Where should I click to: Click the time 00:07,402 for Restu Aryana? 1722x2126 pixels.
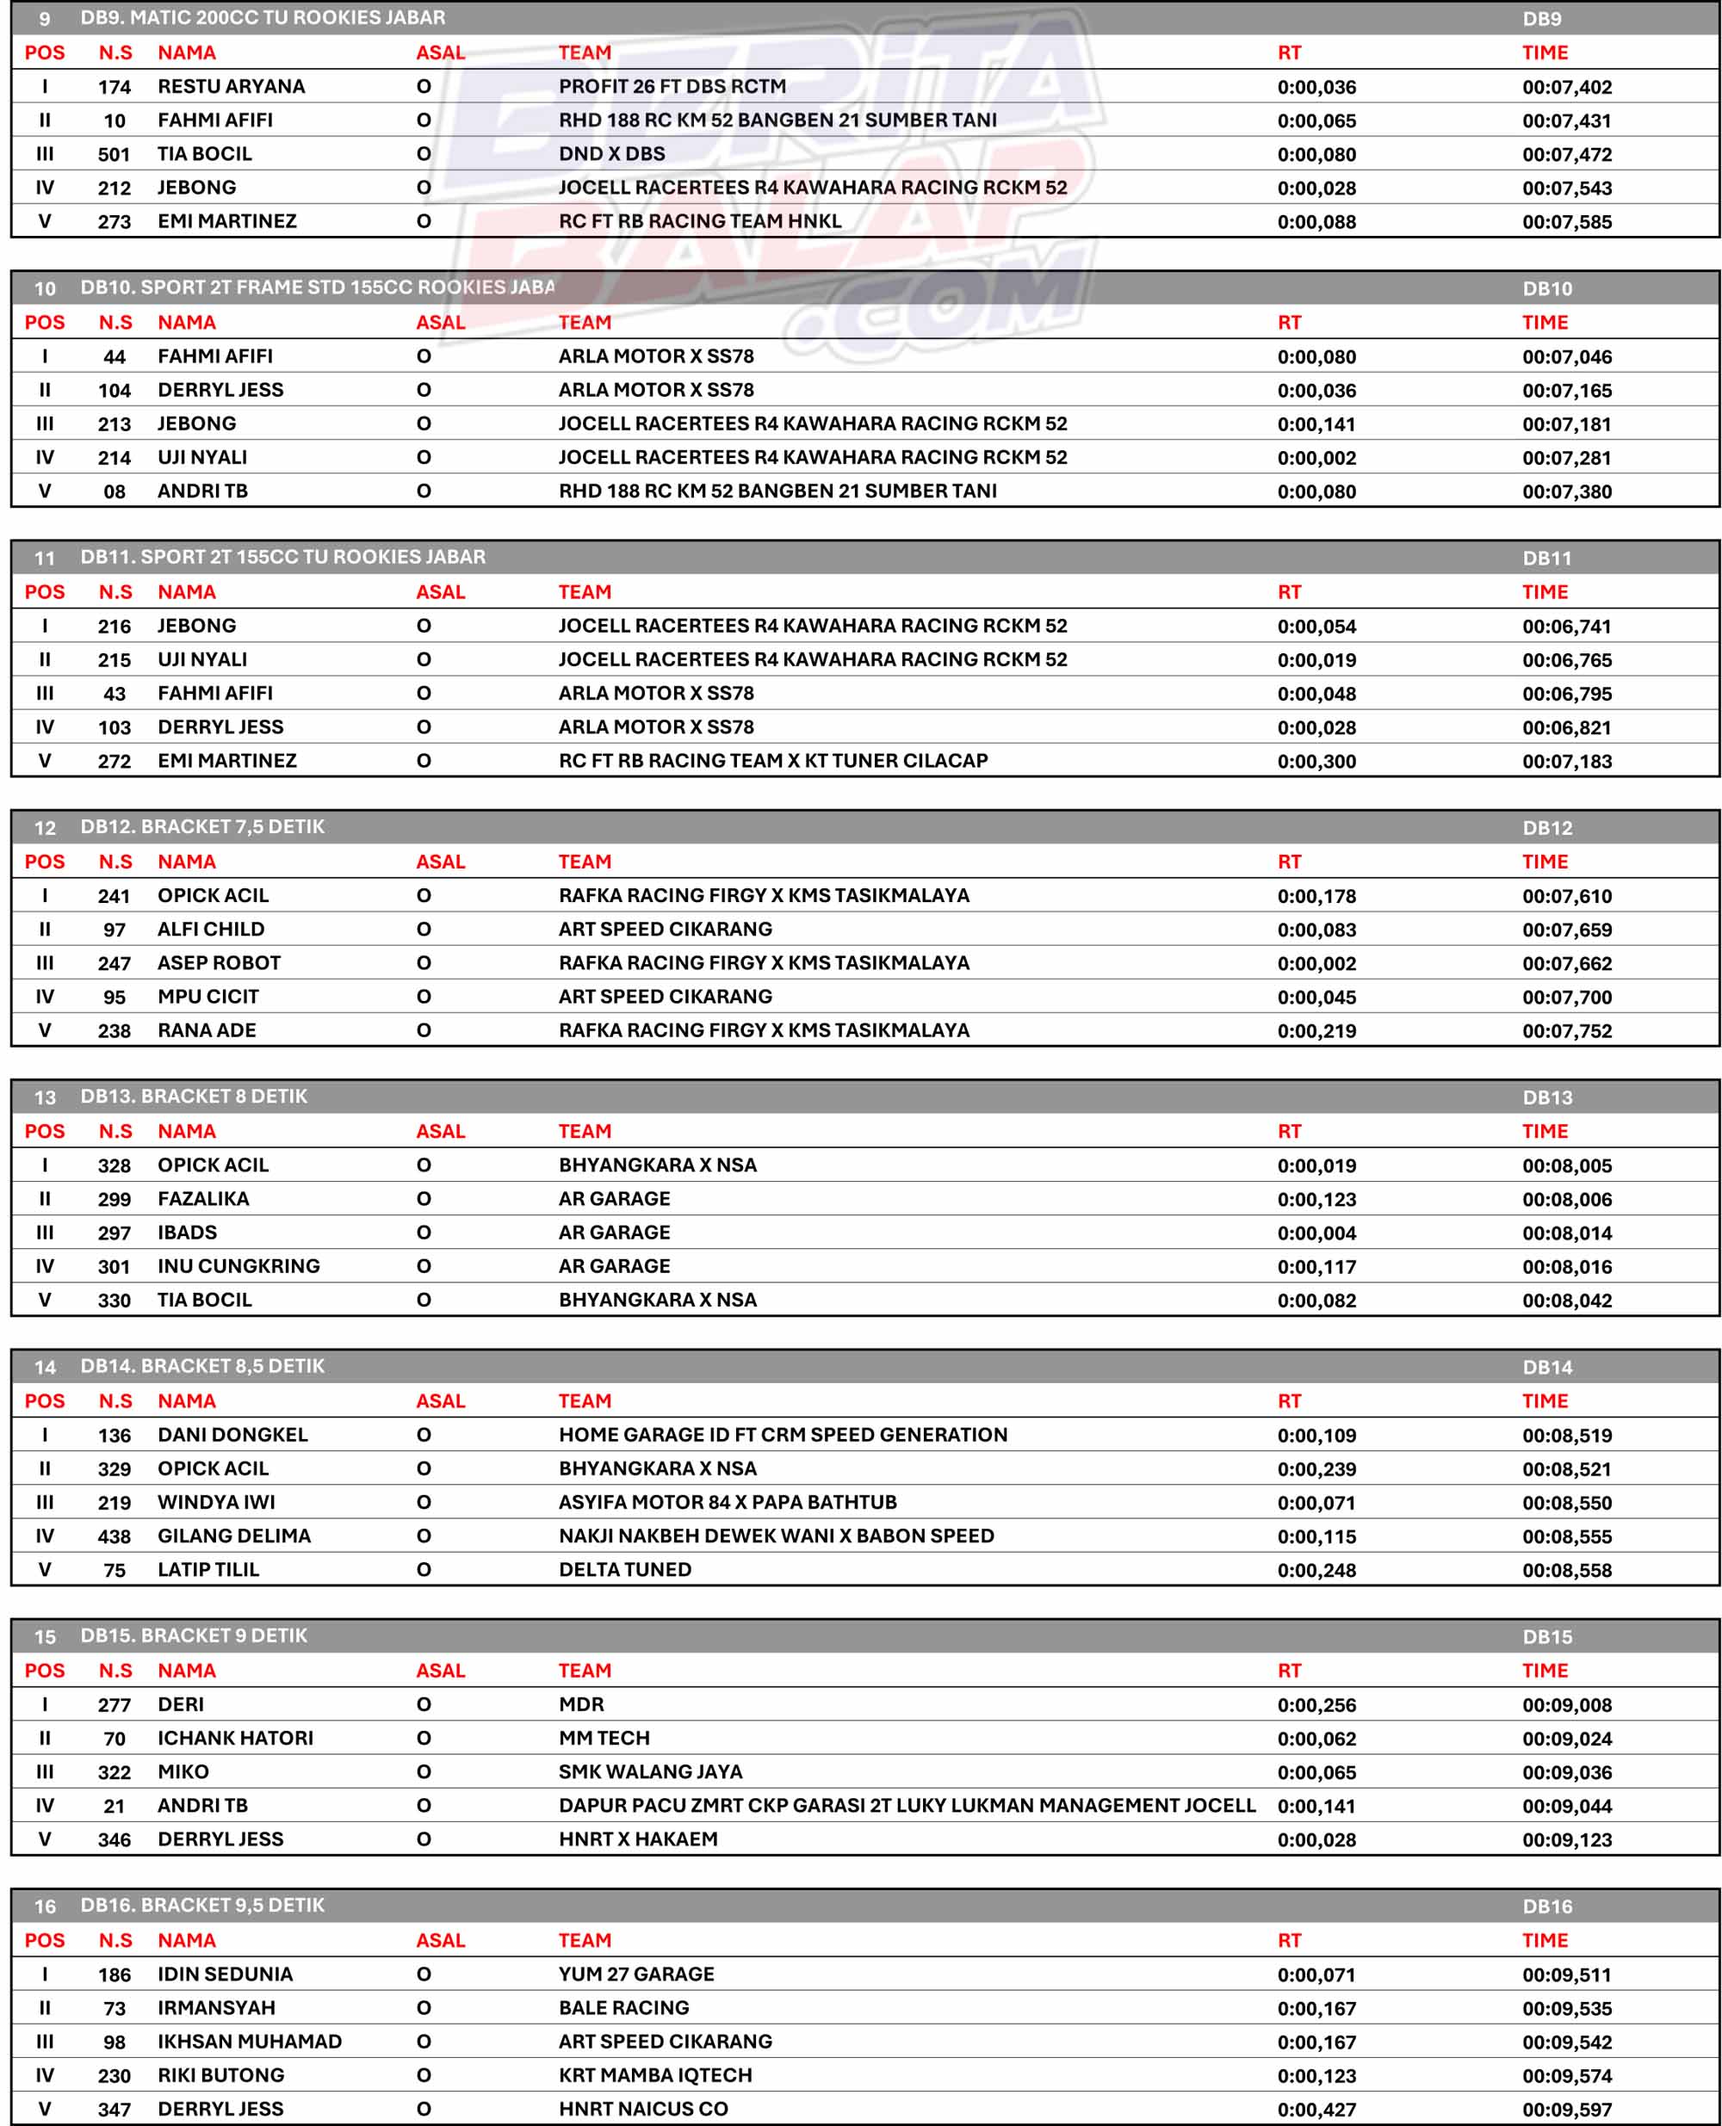click(x=1566, y=87)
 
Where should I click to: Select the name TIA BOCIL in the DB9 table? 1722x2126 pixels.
click(x=204, y=154)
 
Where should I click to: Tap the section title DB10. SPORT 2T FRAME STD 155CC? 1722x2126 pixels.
click(x=317, y=287)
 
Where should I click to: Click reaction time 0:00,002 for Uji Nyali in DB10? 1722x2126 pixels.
click(x=1316, y=458)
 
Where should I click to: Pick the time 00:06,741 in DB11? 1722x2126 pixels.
click(x=1566, y=627)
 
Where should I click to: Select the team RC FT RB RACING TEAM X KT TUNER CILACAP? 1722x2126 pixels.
click(x=772, y=761)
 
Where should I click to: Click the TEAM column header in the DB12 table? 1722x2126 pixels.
click(x=585, y=862)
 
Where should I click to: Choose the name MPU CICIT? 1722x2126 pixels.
click(x=208, y=997)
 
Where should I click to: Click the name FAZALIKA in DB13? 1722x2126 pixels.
click(x=203, y=1199)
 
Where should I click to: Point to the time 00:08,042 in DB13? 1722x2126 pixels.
click(x=1566, y=1301)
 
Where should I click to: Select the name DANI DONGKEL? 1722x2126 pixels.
click(x=232, y=1435)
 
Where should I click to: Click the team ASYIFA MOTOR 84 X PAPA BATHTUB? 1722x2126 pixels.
click(x=727, y=1502)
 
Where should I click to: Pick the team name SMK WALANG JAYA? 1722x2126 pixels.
click(x=650, y=1772)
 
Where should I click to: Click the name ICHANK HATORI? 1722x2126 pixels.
click(x=235, y=1739)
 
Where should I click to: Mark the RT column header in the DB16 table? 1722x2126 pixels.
click(x=1289, y=1941)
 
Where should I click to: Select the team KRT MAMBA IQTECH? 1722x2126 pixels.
click(x=654, y=2075)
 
